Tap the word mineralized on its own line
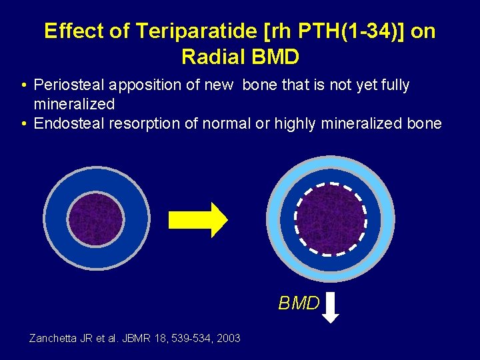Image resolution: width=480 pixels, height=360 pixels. [74, 104]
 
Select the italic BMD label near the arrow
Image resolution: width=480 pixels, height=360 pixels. [299, 304]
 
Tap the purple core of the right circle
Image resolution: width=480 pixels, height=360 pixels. [331, 219]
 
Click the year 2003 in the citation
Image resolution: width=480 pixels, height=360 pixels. [228, 339]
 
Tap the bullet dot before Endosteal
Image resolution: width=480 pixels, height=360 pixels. [23, 124]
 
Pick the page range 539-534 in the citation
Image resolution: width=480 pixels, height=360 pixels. [189, 339]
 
